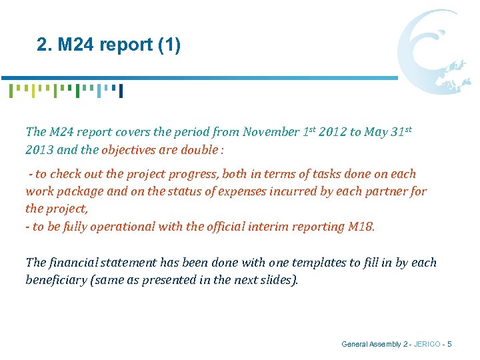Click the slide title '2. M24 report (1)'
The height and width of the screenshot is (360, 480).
[x=109, y=45]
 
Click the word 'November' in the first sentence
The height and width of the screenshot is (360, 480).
[x=272, y=132]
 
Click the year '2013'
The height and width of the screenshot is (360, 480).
[x=39, y=150]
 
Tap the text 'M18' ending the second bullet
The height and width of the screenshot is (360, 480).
[x=361, y=227]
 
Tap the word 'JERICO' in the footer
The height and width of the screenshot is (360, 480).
[x=427, y=344]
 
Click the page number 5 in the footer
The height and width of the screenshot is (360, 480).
[x=450, y=344]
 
